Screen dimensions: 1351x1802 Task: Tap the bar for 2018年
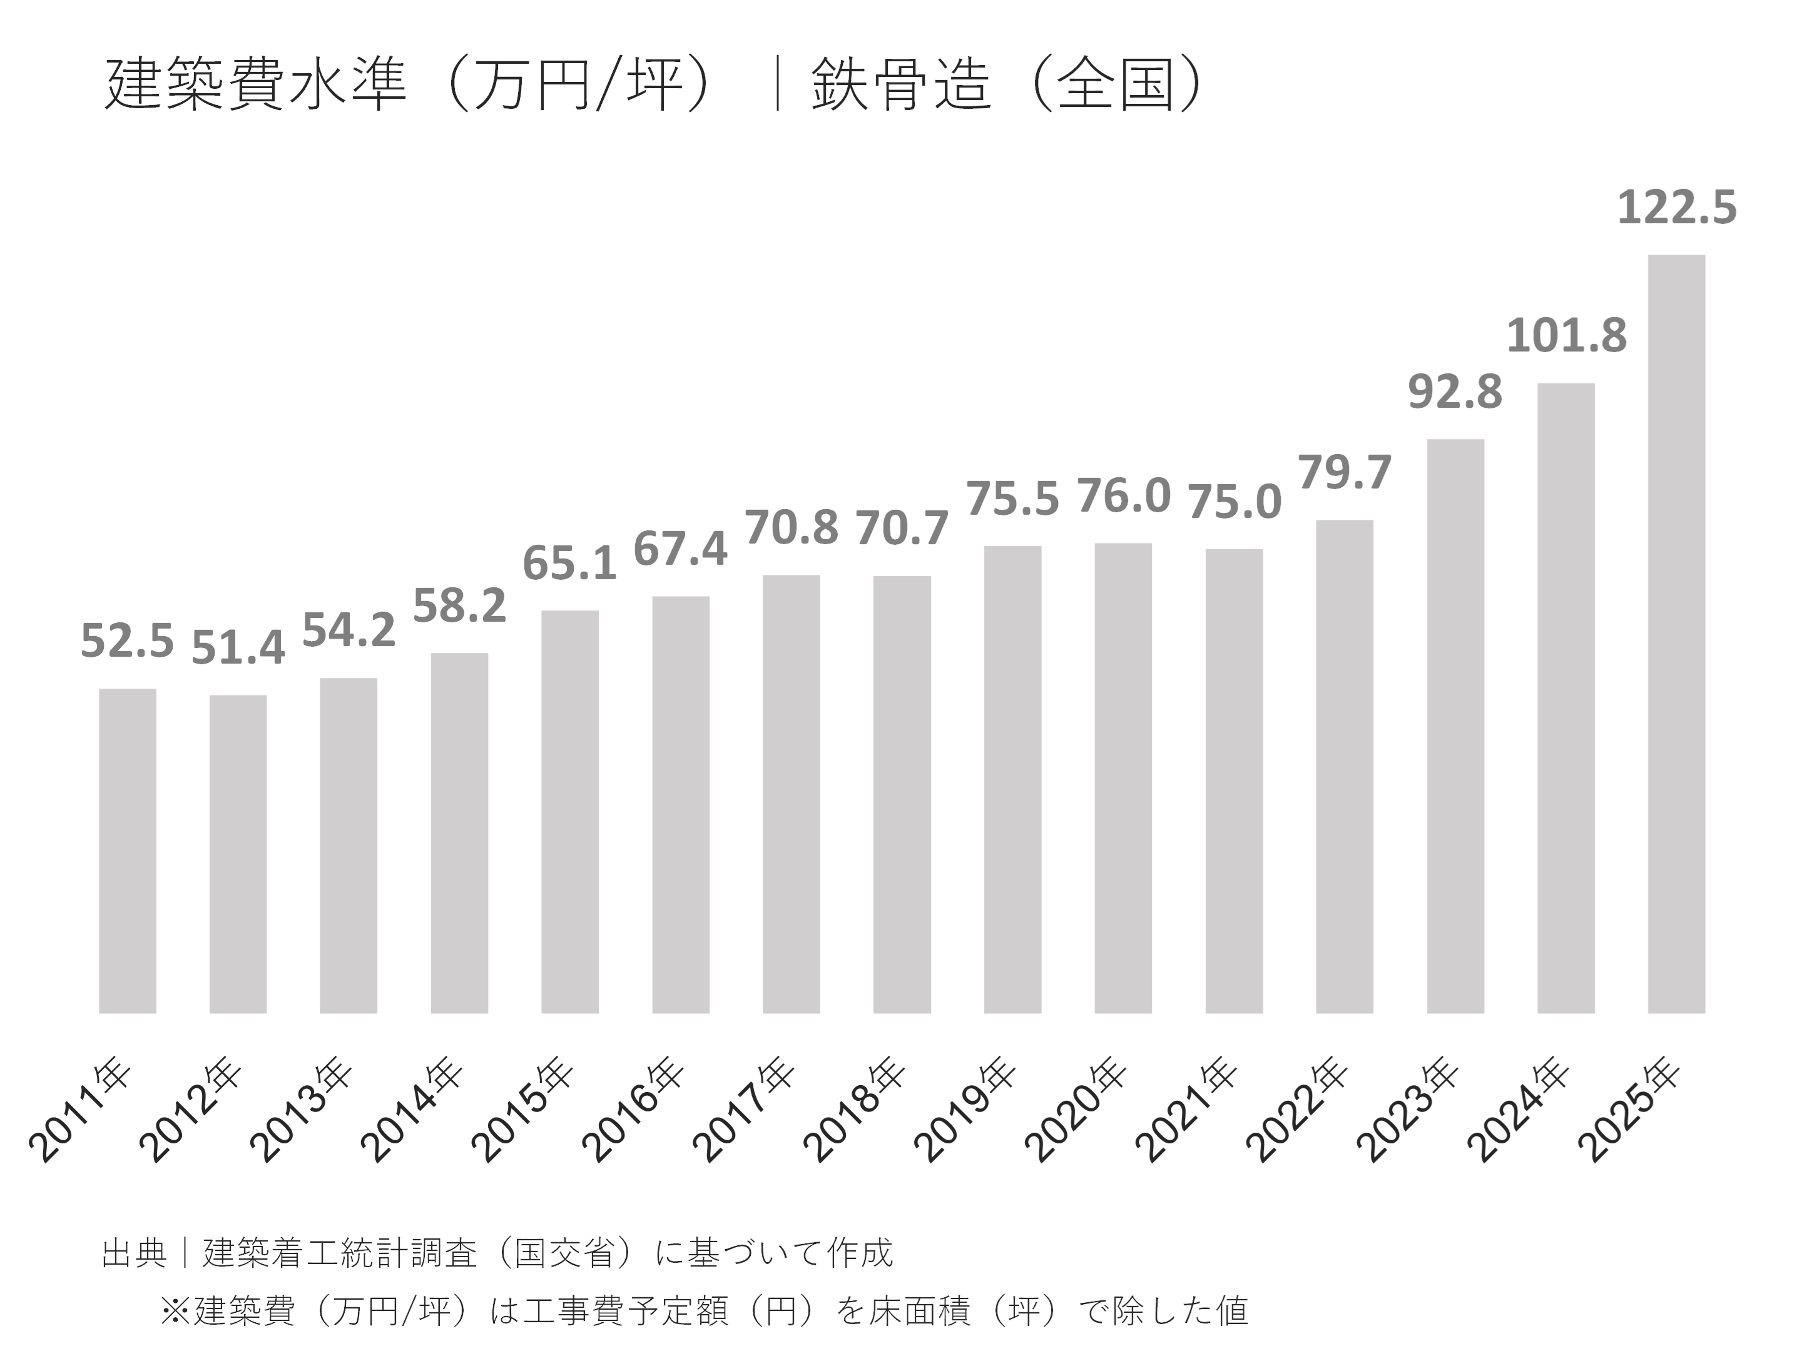coord(902,794)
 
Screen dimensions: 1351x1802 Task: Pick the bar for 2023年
coord(1455,726)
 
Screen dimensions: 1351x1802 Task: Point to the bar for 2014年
coord(459,832)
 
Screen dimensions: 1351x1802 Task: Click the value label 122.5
coord(1676,207)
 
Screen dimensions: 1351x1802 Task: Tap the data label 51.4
coord(238,647)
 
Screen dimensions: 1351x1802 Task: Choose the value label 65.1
coord(569,563)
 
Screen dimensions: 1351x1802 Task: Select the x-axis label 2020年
coord(1076,1108)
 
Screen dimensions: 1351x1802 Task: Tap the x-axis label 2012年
coord(191,1108)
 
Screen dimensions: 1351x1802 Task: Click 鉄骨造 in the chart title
coord(901,84)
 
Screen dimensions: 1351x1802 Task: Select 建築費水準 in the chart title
coord(256,84)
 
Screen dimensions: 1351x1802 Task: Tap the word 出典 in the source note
coord(135,1252)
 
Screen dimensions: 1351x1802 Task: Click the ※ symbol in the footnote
coord(175,1310)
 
